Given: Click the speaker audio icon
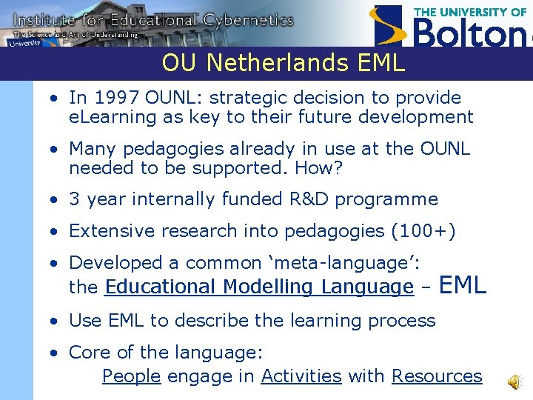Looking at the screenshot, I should (513, 381).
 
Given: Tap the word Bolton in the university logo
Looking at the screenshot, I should (470, 33).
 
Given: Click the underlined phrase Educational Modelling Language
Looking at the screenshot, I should (259, 287).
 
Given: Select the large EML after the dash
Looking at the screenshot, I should (463, 284).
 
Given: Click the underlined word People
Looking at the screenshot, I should (131, 376).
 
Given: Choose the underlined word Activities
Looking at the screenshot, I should (301, 376).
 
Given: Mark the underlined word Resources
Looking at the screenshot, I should (437, 376).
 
